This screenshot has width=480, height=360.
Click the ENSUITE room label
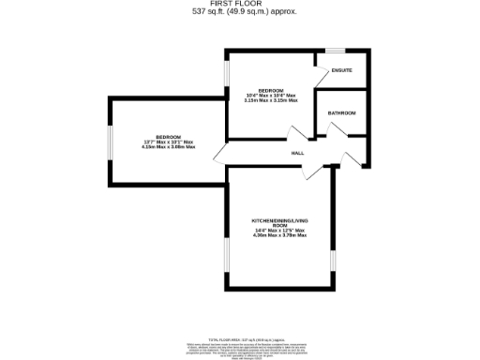tap(342, 71)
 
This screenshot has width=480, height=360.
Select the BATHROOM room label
tap(342, 113)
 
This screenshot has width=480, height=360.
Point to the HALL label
tap(297, 153)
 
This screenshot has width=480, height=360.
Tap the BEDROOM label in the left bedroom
tap(168, 137)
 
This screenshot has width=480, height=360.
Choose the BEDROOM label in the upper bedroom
tap(270, 90)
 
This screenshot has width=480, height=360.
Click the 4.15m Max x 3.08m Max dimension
tap(169, 147)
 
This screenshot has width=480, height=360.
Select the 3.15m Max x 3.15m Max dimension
tap(270, 100)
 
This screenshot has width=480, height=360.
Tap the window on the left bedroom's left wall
tap(109, 142)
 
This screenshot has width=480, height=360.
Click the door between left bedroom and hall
tap(220, 154)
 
